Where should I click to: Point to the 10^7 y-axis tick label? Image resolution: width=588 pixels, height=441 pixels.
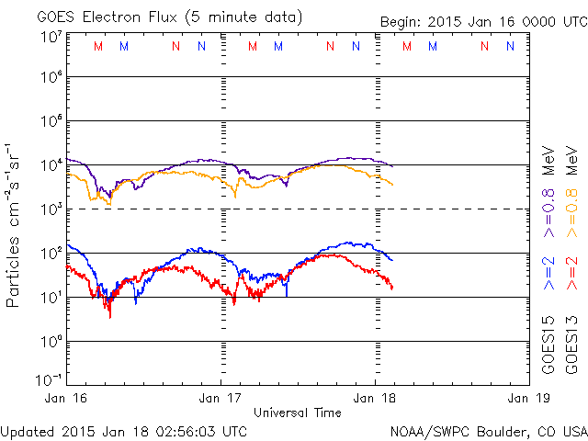click(x=50, y=36)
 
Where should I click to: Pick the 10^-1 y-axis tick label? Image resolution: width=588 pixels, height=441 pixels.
click(x=50, y=379)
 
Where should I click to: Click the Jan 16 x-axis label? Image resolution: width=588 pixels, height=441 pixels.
click(x=66, y=399)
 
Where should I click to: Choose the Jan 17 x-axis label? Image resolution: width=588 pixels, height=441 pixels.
click(x=220, y=399)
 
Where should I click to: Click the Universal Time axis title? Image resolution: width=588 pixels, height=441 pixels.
click(x=297, y=413)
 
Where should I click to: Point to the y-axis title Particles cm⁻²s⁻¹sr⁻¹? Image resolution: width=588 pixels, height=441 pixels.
click(x=16, y=224)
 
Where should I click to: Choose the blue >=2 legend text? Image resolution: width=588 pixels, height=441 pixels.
click(x=548, y=274)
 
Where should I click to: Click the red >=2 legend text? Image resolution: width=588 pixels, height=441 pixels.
click(x=575, y=274)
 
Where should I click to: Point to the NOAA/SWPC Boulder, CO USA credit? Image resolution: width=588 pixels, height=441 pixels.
click(x=488, y=431)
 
